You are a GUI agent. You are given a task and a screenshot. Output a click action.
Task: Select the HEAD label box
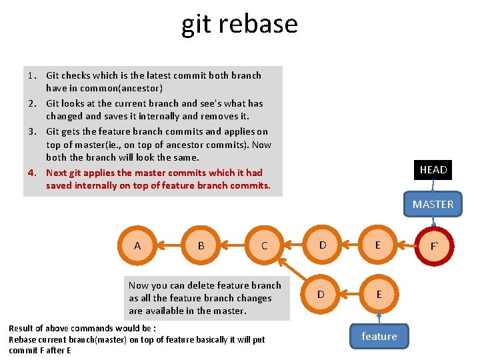tap(433, 170)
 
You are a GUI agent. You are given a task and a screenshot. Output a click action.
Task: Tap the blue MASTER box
tap(433, 205)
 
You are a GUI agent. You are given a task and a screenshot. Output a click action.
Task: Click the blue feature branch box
tap(379, 336)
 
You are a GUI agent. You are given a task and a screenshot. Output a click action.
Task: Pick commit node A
tap(137, 245)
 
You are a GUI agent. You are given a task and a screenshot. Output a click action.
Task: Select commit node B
tap(201, 245)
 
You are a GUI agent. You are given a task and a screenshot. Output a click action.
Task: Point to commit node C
tap(265, 245)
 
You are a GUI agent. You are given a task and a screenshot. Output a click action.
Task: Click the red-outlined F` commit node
tap(434, 246)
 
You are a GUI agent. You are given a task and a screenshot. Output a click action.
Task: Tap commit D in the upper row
tap(323, 245)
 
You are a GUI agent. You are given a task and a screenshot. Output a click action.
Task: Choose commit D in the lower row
tap(321, 294)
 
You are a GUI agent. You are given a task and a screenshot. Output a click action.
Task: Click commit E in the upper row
tap(378, 245)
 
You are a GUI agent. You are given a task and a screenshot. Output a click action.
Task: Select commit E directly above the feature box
tap(379, 294)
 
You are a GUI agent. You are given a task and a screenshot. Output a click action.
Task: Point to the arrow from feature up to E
tap(379, 317)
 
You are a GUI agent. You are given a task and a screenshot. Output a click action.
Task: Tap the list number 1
tap(31, 75)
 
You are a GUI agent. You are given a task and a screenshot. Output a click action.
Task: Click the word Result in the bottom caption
tap(23, 328)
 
